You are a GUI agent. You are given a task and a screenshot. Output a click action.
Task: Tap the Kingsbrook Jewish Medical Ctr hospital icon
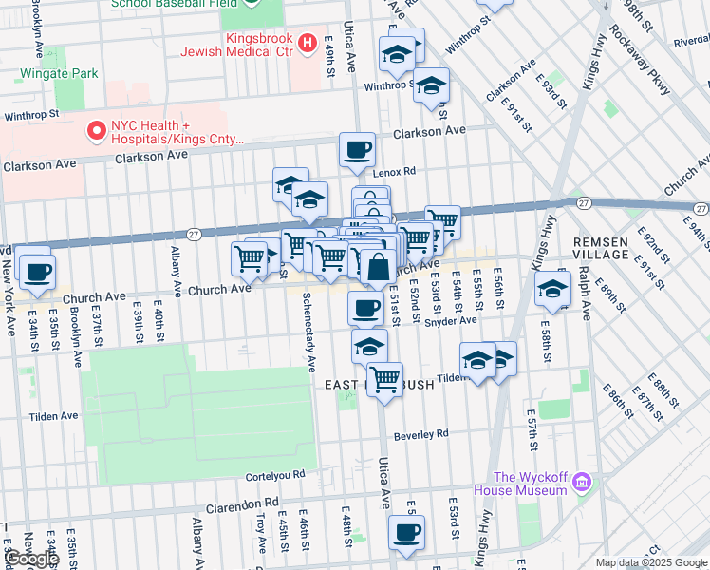pos(307,43)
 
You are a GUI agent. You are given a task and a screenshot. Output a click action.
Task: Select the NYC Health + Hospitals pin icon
pos(95,131)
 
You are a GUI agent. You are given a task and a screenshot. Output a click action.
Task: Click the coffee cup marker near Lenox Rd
pos(357,150)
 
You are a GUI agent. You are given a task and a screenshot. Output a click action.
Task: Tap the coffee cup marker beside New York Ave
pos(37,272)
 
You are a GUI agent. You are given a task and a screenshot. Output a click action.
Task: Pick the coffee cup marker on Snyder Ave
pos(365,308)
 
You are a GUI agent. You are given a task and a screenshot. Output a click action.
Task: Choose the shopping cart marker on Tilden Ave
pos(384,379)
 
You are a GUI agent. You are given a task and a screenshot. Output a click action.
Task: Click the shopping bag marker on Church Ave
pos(378,268)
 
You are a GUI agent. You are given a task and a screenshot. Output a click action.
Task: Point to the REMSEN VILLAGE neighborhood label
pos(601,249)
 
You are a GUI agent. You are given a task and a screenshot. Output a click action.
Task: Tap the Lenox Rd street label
pos(394,172)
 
